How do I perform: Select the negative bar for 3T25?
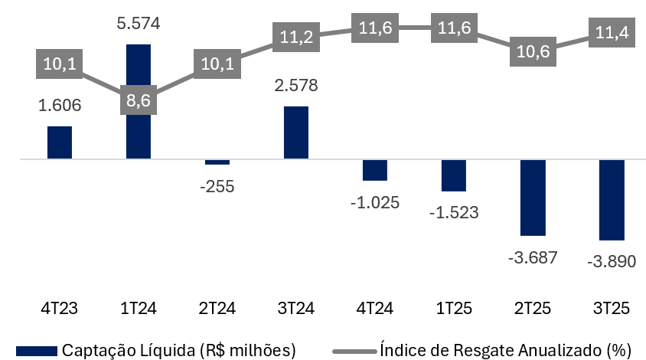coord(611,200)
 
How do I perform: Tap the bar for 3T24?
coord(295,133)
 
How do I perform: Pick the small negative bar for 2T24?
coord(217,162)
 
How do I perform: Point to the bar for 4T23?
coord(60,142)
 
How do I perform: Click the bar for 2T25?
coord(532,198)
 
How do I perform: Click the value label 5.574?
coord(138,25)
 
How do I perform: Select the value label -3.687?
coord(532,257)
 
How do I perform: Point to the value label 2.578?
coord(295,86)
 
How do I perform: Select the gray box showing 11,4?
coord(611,31)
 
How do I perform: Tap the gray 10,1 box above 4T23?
coord(60,63)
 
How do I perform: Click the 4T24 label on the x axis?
coord(374,309)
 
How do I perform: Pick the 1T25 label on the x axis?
coord(453,309)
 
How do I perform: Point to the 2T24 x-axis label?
coord(217,309)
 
